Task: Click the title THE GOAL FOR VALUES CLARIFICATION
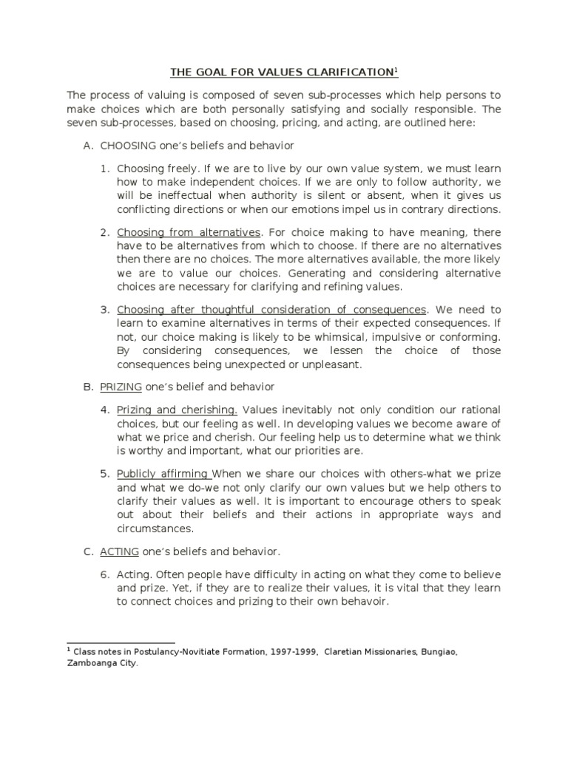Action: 281,72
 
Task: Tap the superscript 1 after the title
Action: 396,69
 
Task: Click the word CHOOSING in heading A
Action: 126,146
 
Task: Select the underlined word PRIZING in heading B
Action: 121,387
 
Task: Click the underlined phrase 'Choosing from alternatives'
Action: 189,233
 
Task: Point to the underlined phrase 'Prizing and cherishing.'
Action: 177,410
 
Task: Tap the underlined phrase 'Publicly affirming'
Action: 163,474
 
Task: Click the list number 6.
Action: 104,574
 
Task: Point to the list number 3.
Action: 104,309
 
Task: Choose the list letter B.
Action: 87,387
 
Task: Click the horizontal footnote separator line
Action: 121,643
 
